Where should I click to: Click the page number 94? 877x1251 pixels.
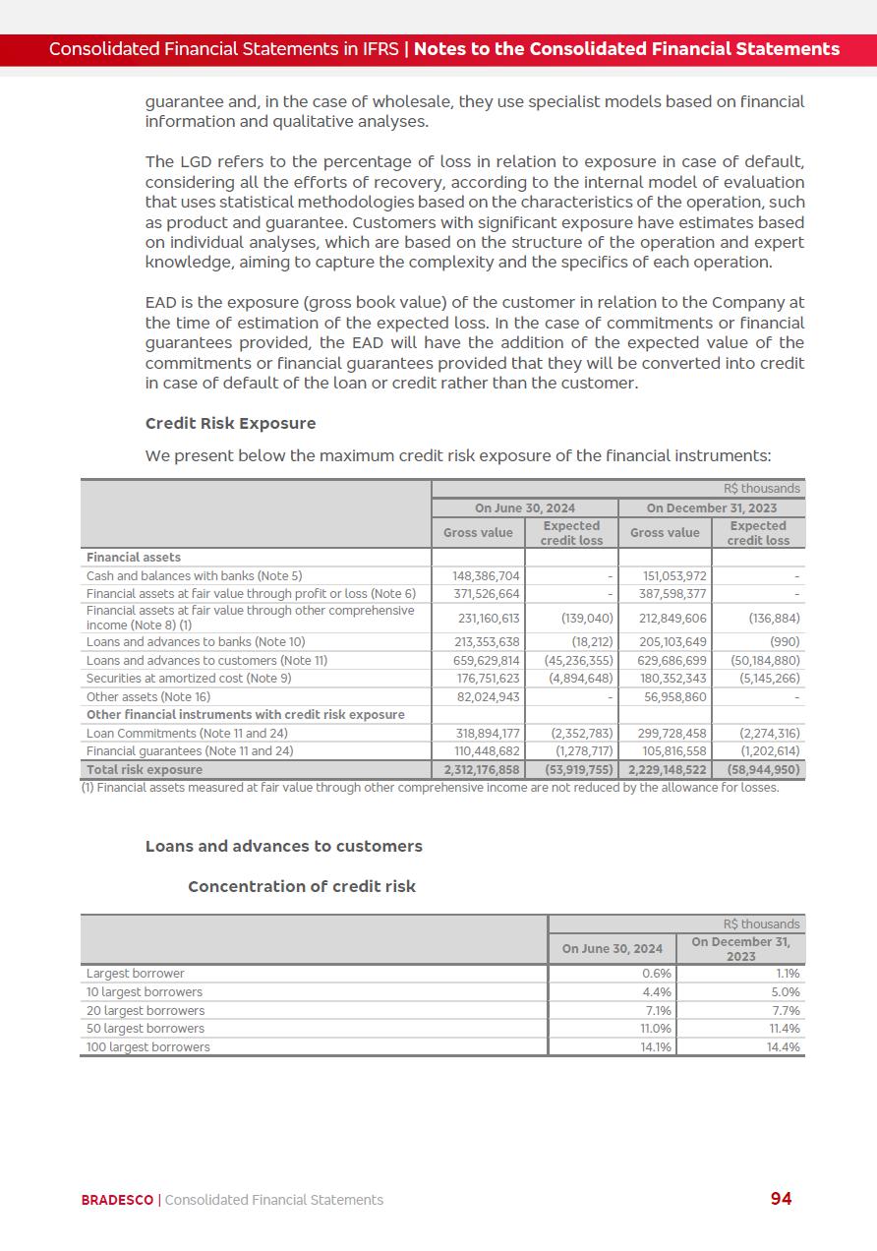pyautogui.click(x=781, y=1198)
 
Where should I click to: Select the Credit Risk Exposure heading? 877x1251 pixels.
pyautogui.click(x=230, y=423)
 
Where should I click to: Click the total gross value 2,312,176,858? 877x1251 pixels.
pyautogui.click(x=482, y=769)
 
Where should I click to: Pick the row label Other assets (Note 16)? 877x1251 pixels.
pyautogui.click(x=148, y=696)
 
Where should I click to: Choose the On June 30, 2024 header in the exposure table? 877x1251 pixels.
pyautogui.click(x=524, y=507)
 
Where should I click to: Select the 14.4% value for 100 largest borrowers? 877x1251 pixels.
pyautogui.click(x=783, y=1047)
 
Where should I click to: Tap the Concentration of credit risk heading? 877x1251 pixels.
pyautogui.click(x=302, y=886)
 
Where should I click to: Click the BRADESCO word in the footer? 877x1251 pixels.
pyautogui.click(x=117, y=1200)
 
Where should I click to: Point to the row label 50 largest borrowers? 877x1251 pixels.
pyautogui.click(x=146, y=1029)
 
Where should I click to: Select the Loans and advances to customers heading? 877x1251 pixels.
pyautogui.click(x=283, y=846)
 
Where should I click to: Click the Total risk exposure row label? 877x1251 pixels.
pyautogui.click(x=145, y=769)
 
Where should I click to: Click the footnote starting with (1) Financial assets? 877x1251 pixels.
pyautogui.click(x=429, y=787)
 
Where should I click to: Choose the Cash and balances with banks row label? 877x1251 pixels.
pyautogui.click(x=194, y=575)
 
